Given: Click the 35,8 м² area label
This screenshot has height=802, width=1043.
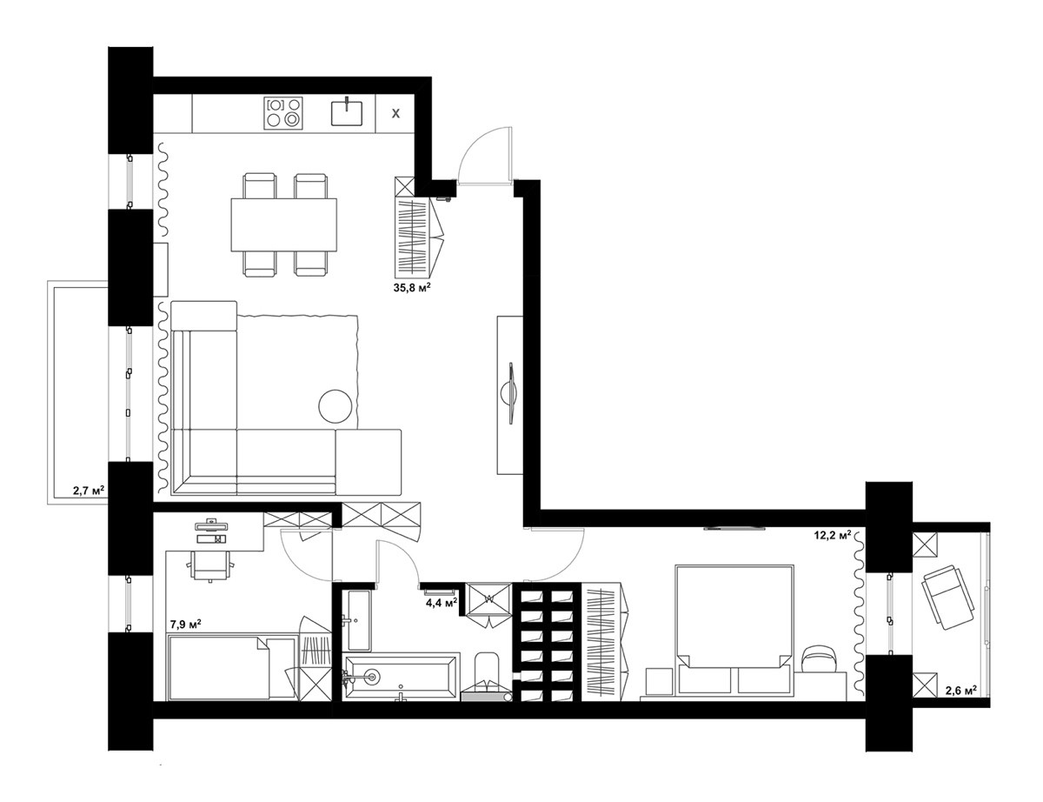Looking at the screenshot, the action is [x=411, y=288].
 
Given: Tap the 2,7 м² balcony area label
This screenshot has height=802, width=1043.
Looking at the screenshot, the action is [x=89, y=491].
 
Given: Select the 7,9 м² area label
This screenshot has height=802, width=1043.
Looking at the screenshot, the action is [x=186, y=625].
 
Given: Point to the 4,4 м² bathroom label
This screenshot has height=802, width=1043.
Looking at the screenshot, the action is [x=442, y=602].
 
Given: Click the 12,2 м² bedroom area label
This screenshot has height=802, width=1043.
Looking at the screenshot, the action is [x=833, y=534].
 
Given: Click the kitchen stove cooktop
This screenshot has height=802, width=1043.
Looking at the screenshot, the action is [x=283, y=113].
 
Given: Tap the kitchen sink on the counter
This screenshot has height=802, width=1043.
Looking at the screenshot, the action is [x=347, y=111].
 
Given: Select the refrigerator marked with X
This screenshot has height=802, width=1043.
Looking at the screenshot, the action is [x=395, y=113].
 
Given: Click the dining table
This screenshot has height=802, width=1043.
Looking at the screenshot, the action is [x=283, y=224].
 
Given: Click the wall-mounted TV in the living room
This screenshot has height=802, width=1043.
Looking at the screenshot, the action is [x=511, y=393].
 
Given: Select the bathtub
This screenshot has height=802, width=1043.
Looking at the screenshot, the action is [x=402, y=677].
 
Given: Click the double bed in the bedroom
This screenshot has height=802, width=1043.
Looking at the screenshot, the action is [x=734, y=630].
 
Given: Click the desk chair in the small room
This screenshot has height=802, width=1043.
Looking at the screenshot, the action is [x=211, y=565].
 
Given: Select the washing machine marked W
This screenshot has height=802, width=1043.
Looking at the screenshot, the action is [x=489, y=598].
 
